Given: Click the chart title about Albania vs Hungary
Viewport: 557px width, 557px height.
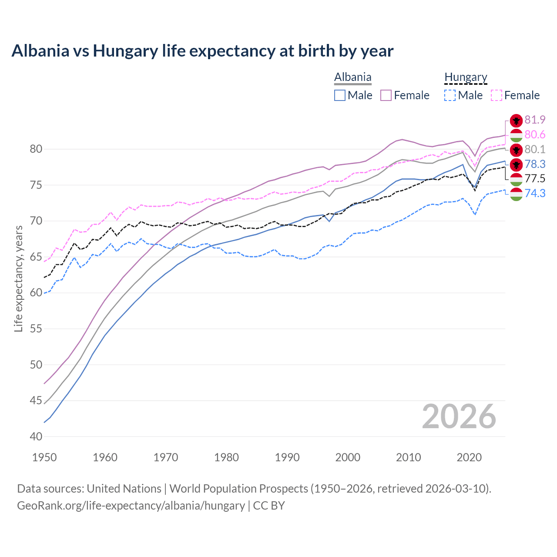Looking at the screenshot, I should (202, 51).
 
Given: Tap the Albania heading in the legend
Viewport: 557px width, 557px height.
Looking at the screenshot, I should (352, 77).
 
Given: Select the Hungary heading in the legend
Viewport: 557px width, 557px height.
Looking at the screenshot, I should (466, 77).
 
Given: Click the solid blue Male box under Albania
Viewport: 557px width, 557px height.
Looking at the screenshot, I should (340, 95).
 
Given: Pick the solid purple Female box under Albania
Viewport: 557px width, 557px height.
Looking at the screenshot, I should (386, 95).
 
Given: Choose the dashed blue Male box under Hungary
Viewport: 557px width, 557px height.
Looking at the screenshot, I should (450, 95).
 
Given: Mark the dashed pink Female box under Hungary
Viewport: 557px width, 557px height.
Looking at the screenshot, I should (497, 95).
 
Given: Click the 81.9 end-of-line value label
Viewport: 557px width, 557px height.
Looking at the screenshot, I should (535, 120).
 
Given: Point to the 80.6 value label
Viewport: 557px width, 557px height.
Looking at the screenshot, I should (535, 135).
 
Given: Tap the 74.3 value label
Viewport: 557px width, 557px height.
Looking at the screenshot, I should (535, 193).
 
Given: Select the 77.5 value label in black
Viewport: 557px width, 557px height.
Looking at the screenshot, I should (535, 178).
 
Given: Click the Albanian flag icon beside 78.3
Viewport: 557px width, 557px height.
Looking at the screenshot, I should (516, 164).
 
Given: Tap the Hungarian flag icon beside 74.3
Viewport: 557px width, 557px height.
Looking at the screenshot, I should (516, 194).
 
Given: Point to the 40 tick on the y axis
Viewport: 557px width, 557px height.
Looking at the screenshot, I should (36, 436).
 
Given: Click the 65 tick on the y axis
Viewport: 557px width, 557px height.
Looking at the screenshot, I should (36, 257).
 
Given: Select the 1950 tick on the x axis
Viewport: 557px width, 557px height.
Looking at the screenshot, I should (44, 457).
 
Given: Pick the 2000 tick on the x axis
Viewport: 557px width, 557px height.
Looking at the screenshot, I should (348, 457).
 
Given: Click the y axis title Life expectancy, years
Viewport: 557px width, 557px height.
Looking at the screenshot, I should (19, 278).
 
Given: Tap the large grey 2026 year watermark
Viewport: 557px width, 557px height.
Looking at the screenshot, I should (459, 417).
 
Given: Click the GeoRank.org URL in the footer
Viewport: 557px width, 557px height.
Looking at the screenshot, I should (131, 506).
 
